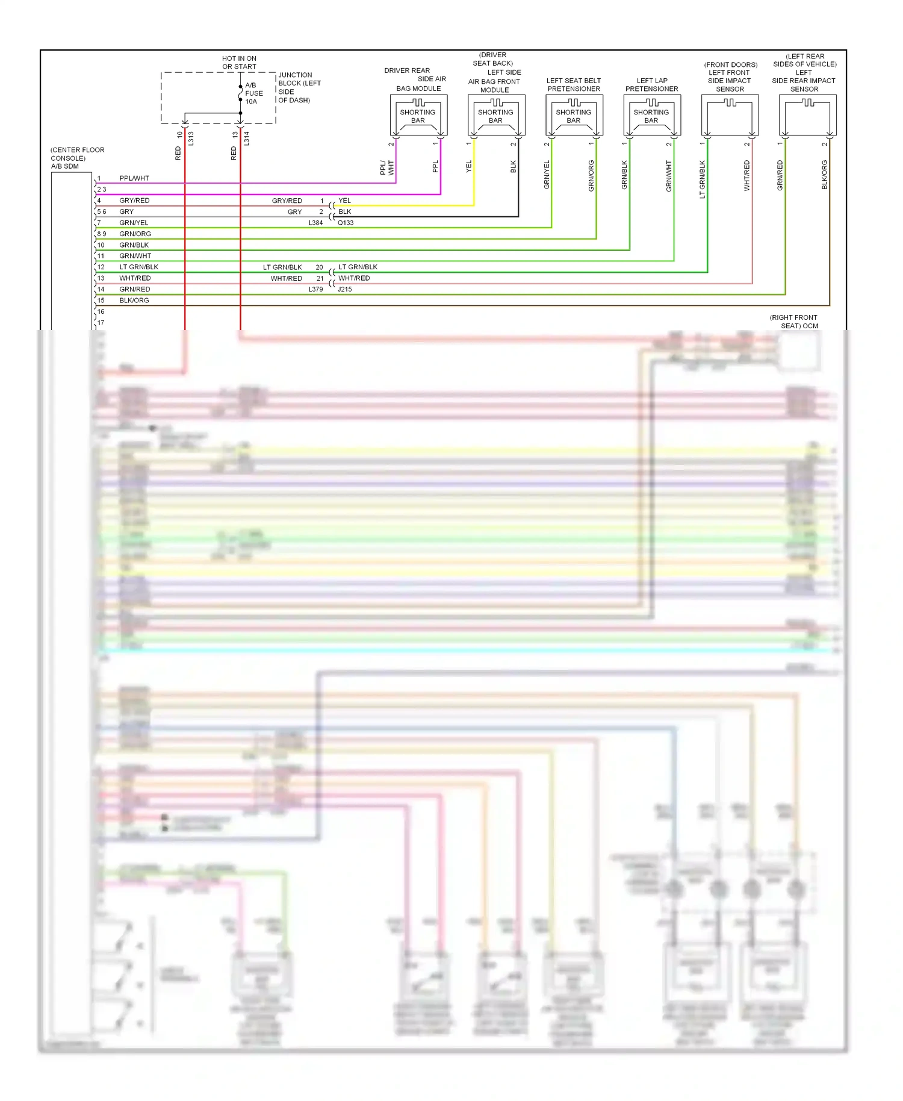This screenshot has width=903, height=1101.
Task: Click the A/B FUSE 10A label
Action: coord(253,93)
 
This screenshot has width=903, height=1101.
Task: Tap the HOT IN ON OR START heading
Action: coord(239,63)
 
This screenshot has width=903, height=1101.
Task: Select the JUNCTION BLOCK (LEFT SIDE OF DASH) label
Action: coord(299,88)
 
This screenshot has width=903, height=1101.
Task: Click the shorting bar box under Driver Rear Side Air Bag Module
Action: coord(418,116)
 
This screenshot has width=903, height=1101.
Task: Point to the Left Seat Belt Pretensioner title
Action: coord(574,84)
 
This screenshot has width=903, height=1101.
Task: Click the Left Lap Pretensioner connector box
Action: coord(652,116)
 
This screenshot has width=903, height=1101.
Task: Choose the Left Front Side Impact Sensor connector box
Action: coord(730,116)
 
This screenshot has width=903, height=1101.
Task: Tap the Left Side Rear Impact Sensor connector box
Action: coord(807,116)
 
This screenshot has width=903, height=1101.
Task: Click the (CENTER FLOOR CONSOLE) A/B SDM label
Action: coord(77,158)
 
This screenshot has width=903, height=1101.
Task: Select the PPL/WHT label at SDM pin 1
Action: coord(134,178)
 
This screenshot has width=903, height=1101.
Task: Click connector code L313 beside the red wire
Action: coord(191,139)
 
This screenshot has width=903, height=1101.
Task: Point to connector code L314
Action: coord(247,139)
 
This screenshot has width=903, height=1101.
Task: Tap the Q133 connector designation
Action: coord(346,223)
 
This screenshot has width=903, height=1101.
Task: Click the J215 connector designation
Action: coord(345,289)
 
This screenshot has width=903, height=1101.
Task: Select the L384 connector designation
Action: coord(315,223)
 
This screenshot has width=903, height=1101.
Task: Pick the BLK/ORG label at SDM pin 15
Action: coord(134,301)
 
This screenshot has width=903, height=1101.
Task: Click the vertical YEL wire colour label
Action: coord(469,167)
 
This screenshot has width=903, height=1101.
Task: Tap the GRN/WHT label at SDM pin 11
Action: coord(135,256)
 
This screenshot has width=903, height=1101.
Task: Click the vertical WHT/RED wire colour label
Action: coord(747,175)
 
